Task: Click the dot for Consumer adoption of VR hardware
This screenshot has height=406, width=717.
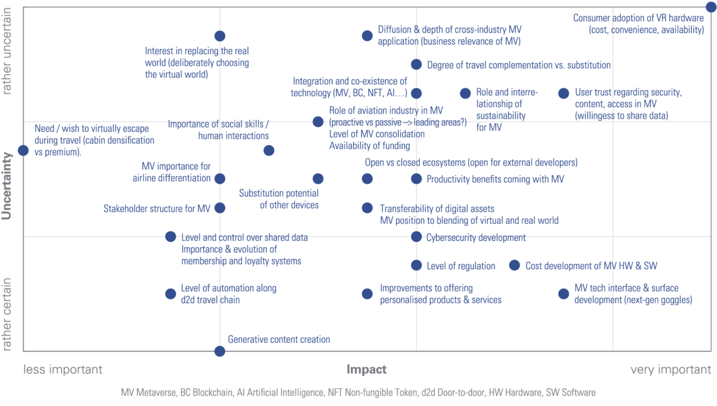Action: click(711, 7)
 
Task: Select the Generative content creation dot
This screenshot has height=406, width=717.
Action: click(219, 351)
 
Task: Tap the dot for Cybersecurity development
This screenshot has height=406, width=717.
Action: click(416, 237)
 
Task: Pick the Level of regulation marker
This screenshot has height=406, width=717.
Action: click(416, 265)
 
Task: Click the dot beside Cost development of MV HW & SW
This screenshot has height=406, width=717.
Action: click(514, 265)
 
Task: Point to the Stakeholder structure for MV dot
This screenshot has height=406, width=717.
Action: click(220, 208)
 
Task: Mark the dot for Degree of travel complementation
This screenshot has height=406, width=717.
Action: click(416, 64)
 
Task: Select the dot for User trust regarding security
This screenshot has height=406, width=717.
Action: click(564, 93)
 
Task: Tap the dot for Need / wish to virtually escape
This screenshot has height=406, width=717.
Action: click(23, 150)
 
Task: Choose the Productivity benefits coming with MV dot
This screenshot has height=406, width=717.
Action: click(416, 178)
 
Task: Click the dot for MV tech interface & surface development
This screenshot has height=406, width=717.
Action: click(564, 294)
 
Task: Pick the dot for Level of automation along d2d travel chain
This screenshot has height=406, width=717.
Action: click(170, 294)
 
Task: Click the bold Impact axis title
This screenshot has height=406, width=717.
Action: click(366, 369)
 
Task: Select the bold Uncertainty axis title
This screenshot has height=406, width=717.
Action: click(6, 186)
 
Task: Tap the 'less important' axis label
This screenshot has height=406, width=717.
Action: click(63, 369)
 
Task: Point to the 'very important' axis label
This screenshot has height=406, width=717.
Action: click(671, 369)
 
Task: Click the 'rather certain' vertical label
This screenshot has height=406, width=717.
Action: click(6, 315)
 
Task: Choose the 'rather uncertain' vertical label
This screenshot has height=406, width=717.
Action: click(6, 52)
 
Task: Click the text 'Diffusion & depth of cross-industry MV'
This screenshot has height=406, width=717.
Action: click(449, 29)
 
